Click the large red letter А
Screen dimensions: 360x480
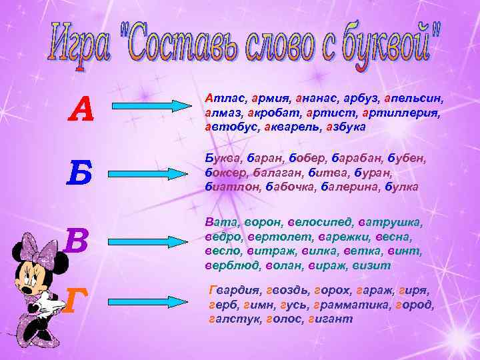pos(83,108)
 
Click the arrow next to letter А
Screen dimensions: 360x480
pos(149,107)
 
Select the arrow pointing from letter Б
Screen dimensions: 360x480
pos(149,173)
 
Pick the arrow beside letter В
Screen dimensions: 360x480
pos(149,239)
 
